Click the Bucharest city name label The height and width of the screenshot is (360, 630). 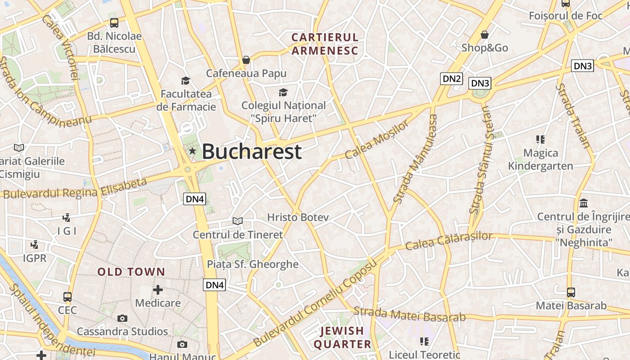[251, 152]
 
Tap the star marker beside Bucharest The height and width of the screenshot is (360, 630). [193, 151]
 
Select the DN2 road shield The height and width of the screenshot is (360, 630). [452, 79]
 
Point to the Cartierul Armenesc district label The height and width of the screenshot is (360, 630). [324, 44]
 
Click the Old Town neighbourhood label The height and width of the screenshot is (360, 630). [131, 272]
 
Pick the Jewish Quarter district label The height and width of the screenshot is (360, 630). [342, 337]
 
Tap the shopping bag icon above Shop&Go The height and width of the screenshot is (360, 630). [485, 35]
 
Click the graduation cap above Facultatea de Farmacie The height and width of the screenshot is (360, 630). [185, 81]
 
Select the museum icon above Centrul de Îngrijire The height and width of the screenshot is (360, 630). [584, 203]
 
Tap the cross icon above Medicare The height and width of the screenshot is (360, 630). [158, 289]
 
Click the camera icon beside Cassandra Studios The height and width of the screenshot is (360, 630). [122, 319]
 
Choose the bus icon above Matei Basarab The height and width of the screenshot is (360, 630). [571, 292]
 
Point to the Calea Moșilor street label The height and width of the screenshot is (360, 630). [377, 139]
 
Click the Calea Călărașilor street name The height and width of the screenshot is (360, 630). [449, 241]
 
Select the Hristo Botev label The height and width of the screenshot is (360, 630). [298, 217]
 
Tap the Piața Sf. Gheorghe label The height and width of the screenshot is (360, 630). [252, 264]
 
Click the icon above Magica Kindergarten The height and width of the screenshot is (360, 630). [540, 139]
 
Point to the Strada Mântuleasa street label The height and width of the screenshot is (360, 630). [415, 158]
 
